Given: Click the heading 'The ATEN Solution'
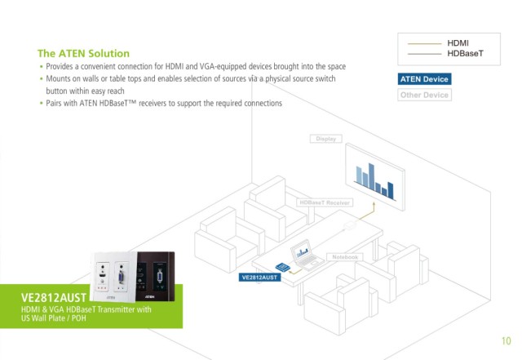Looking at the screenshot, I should click(x=83, y=53).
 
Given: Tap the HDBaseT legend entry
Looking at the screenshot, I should click(x=464, y=53).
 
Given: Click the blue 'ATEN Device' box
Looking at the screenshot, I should click(x=424, y=79).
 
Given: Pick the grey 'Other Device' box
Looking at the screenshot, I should click(x=424, y=95).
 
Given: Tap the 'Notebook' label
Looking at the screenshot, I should click(x=345, y=256).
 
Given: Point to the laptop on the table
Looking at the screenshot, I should click(x=306, y=256).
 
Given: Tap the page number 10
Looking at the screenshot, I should click(x=507, y=340).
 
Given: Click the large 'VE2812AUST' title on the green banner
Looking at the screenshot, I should click(x=54, y=296).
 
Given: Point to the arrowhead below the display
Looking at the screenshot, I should click(x=374, y=207).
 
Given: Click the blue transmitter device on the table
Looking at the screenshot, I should click(x=283, y=266).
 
